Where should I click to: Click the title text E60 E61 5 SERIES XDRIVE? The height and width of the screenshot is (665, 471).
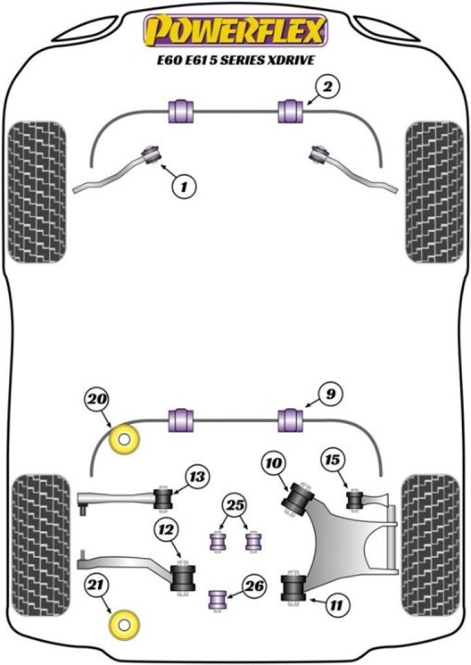(235, 59)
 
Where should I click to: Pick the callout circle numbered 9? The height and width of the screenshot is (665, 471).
(331, 394)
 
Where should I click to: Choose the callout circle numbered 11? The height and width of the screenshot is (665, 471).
(335, 606)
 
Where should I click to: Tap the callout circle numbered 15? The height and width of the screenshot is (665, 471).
(332, 461)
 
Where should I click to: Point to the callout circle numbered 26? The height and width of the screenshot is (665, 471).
(254, 587)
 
